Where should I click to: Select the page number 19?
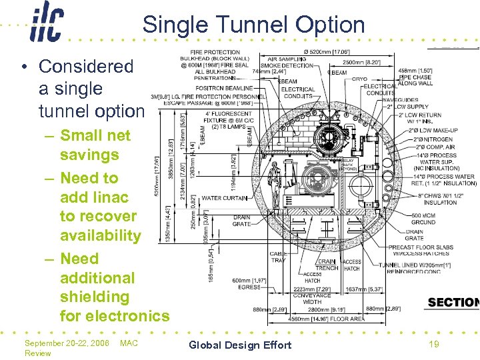[x=434, y=344]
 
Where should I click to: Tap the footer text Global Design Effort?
[x=240, y=345]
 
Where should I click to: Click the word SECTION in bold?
[x=453, y=303]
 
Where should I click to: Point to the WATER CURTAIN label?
[x=225, y=198]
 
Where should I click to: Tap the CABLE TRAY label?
[x=278, y=257]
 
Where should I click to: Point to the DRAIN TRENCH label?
[x=327, y=265]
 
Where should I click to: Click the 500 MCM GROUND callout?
[x=424, y=219]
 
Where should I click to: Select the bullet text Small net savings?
[x=95, y=145]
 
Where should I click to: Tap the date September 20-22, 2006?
[x=66, y=343]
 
